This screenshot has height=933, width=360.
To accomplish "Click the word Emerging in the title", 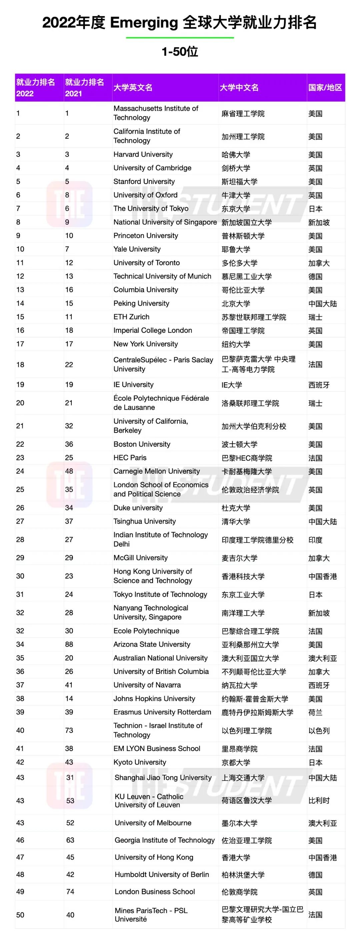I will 144,23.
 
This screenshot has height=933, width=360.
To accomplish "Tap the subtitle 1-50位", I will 180,52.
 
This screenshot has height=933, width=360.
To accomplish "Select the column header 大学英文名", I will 133,88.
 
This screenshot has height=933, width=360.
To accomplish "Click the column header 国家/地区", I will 325,88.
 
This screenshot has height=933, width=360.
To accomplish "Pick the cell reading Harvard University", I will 143,155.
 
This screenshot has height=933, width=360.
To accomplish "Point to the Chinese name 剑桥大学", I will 236,168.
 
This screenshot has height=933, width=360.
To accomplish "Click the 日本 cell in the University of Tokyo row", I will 315,209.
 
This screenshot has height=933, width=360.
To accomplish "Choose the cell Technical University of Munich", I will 162,276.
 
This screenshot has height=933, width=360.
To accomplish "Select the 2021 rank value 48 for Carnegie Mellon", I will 69,471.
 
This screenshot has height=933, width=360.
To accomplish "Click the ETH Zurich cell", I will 131,317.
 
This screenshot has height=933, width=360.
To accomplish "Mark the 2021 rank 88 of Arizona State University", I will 69,644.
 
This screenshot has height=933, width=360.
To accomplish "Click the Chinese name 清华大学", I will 236,522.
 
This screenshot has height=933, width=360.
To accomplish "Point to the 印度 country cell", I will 315,540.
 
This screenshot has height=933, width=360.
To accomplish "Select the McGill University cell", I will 141,558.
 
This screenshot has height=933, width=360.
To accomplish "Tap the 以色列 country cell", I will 319,731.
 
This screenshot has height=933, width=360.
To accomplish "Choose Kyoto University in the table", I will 140,762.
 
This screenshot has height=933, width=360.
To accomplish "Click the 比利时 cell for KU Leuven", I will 319,800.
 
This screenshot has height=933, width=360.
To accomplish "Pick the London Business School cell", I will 155,891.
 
